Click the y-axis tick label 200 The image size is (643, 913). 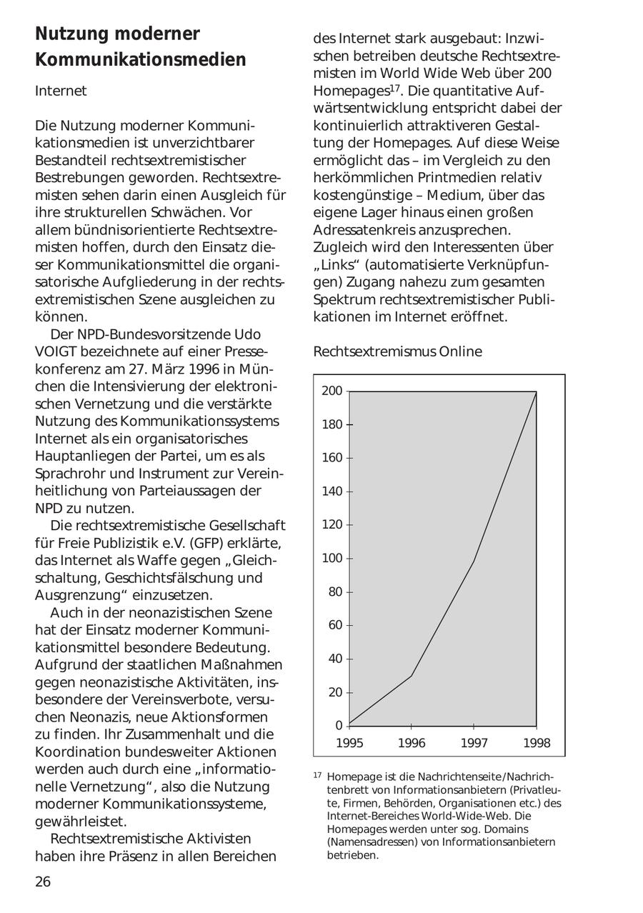(x=332, y=391)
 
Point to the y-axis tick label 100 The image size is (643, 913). (x=332, y=558)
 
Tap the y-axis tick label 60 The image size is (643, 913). (x=335, y=625)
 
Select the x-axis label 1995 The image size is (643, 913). (x=349, y=743)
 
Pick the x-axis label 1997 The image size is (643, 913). (x=474, y=743)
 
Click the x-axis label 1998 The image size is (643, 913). (x=537, y=743)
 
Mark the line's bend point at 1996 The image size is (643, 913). (x=412, y=676)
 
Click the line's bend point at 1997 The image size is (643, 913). (x=474, y=562)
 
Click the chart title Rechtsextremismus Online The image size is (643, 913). (x=397, y=351)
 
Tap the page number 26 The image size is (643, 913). (x=43, y=882)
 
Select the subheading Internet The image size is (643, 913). (x=61, y=91)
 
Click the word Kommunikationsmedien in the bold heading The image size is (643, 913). (x=141, y=60)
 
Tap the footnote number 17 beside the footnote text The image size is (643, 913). (x=318, y=775)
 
